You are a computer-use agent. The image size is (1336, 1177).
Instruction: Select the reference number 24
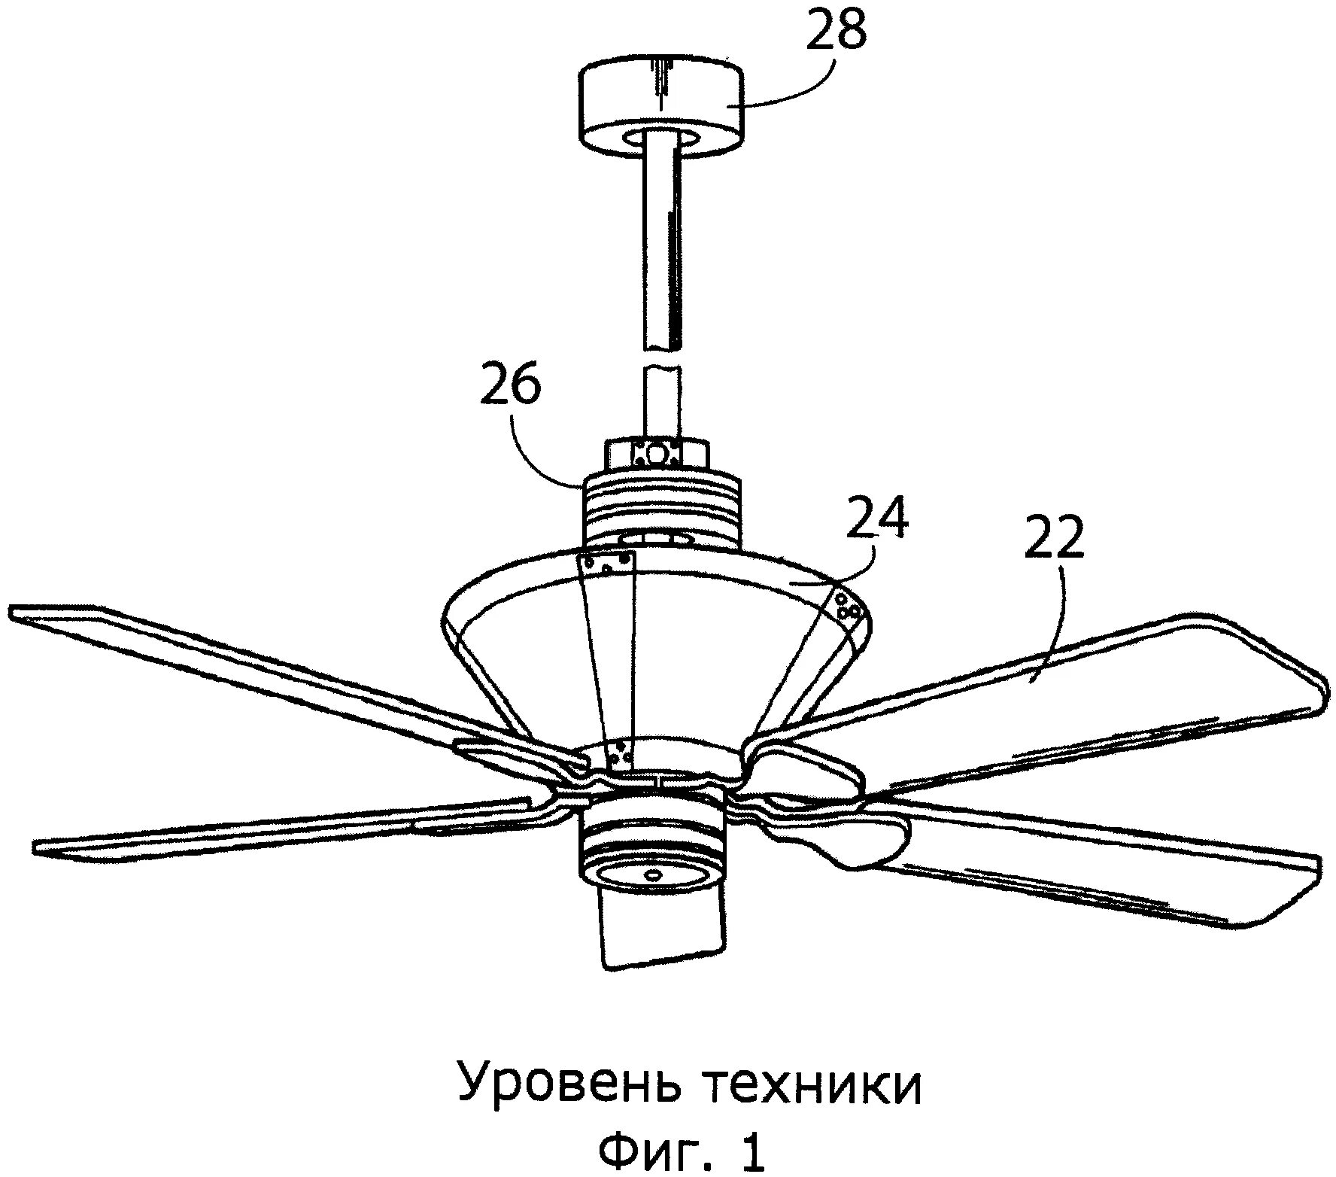877,517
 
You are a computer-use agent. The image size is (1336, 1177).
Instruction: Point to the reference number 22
1054,537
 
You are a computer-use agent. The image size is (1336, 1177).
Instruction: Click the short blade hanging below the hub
662,926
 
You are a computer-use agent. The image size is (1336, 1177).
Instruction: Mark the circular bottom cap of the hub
653,874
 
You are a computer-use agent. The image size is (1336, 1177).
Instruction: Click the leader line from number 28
790,94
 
